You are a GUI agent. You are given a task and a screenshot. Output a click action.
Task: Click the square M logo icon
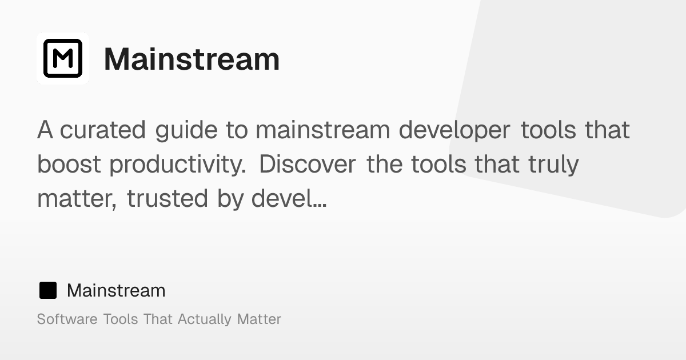63,58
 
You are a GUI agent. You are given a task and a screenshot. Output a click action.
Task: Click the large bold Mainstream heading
192,59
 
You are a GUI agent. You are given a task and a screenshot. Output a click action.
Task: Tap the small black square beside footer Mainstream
47,290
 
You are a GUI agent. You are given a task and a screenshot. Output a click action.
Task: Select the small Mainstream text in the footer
116,290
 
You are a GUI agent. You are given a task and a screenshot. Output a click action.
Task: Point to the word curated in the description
103,130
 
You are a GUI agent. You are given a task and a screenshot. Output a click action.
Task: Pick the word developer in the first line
454,130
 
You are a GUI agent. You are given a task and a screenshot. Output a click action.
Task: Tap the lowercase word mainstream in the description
322,130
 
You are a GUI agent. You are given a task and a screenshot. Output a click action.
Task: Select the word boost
69,165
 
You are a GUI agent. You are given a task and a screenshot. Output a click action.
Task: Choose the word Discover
308,165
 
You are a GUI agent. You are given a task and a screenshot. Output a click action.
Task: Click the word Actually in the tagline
205,319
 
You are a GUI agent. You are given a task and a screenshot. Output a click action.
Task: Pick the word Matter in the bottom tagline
259,319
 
